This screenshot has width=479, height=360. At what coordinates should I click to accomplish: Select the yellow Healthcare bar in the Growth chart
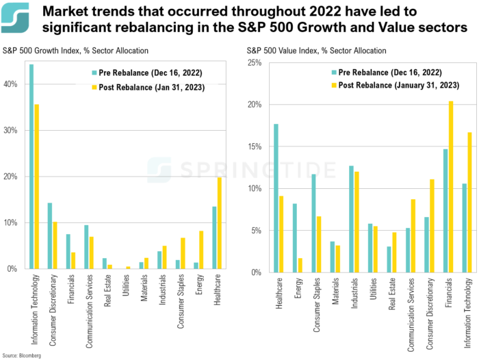point(219,223)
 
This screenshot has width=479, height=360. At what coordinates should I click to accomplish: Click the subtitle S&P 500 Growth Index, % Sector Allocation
point(76,51)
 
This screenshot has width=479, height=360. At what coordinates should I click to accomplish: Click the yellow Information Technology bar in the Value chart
point(469,202)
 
